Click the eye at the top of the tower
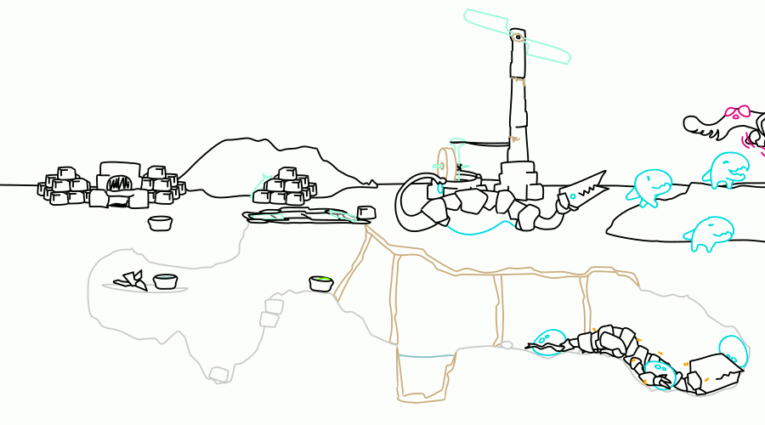coord(517,37)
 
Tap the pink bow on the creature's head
coord(736,111)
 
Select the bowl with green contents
coord(320,283)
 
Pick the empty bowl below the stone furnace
coord(160,224)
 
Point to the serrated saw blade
coord(582,192)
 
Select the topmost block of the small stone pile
coord(286,173)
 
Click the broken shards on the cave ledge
coord(132,280)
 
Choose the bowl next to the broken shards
coord(165,281)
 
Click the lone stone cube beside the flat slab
coord(366,212)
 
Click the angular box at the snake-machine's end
coord(714,372)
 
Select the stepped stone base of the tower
coord(518,179)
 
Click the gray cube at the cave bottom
coord(218,374)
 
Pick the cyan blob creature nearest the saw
coord(652,186)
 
